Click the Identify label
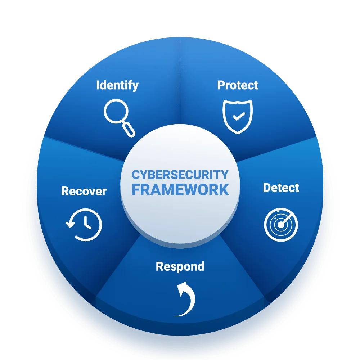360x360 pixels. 117,85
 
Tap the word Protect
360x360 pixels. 238,85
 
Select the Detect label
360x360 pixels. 281,188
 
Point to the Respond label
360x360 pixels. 180,267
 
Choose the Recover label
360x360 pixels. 84,191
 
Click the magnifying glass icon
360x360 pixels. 120,118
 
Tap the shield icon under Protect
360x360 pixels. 238,117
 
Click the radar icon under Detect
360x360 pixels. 281,225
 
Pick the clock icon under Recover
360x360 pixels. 84,225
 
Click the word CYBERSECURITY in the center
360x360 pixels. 180,175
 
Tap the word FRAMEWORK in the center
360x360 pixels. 180,190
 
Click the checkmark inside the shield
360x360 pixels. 239,116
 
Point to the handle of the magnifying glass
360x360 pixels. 129,130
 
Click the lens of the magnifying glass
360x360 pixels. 116,111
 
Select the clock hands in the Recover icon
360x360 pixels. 87,222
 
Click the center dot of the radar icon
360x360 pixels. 280,225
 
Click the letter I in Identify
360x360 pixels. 98,85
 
